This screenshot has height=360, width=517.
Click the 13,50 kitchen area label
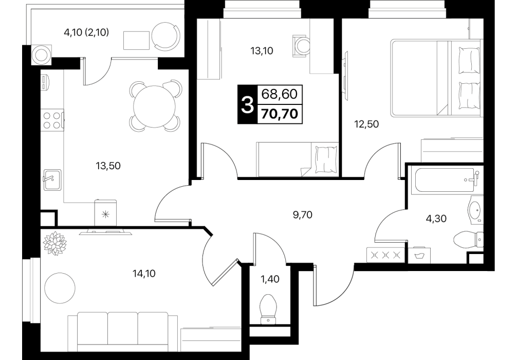click(108, 166)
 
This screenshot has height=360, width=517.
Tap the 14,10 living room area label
click(144, 274)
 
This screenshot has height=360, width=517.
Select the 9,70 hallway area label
click(302, 215)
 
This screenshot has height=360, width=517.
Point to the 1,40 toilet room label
click(270, 279)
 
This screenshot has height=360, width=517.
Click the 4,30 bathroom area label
click(436, 219)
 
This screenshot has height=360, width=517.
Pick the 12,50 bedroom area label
click(366, 124)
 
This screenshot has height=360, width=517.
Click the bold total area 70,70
click(280, 114)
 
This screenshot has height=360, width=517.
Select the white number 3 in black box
click(247, 104)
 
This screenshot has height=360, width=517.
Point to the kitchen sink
click(52, 179)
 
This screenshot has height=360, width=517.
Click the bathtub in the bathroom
click(445, 181)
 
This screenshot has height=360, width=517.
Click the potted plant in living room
click(54, 244)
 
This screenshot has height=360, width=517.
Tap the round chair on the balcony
click(167, 36)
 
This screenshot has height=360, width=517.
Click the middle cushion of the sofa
click(123, 331)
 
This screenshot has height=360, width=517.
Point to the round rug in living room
click(60, 288)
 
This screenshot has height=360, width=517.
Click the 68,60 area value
click(280, 94)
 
